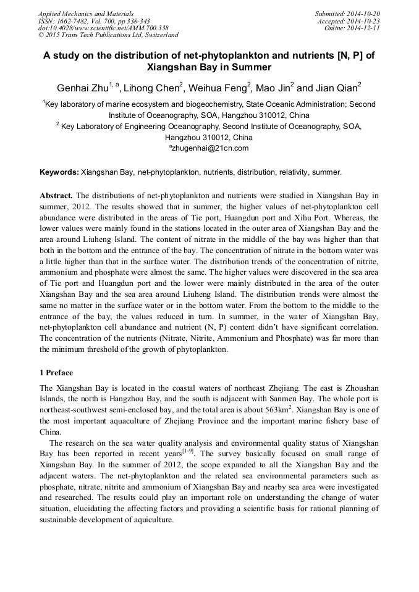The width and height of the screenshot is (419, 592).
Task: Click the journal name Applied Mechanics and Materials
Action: coord(85,14)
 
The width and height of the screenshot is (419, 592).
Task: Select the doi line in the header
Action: coord(103,28)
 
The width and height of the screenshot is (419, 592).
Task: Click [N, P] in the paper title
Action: coord(351,55)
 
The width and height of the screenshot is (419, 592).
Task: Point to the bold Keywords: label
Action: coord(59,172)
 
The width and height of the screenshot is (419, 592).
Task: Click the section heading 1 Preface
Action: coord(56,373)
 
